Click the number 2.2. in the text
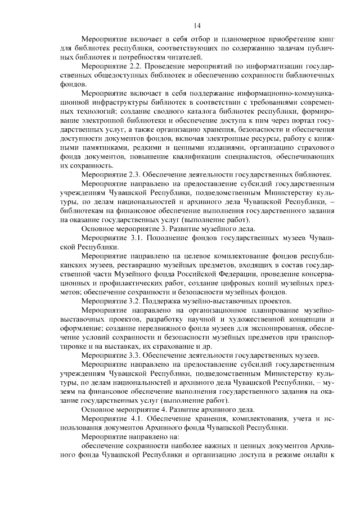click(136, 67)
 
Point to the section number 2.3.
click(136, 175)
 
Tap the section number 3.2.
click(136, 301)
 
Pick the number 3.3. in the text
click(136, 355)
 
